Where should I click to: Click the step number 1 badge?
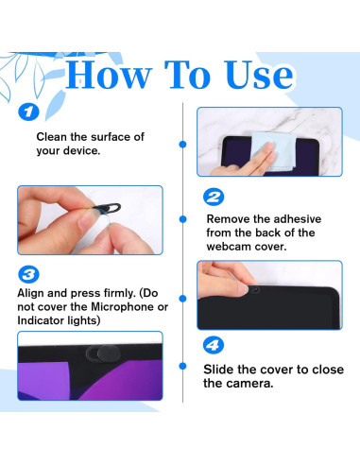tap(28, 112)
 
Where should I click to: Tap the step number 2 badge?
tap(214, 197)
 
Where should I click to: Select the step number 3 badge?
tap(28, 274)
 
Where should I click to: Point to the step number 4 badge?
tap(214, 345)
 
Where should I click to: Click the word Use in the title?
tap(259, 75)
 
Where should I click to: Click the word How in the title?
tap(108, 75)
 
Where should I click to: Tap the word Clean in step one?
tap(52, 137)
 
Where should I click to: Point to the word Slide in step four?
tap(218, 370)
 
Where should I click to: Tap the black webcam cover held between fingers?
tap(106, 209)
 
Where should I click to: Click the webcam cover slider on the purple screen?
tap(103, 353)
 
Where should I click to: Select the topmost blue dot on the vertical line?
tap(182, 145)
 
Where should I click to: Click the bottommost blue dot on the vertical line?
tap(182, 366)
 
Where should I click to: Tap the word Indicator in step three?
tap(36, 320)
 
